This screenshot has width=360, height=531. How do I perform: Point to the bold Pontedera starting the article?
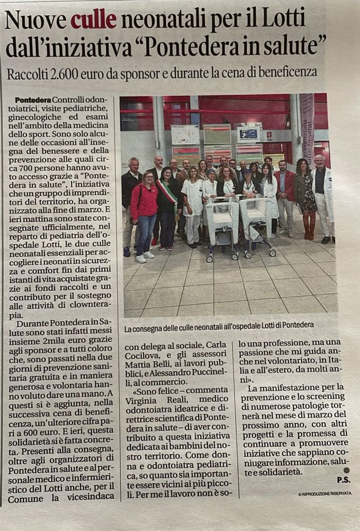pyautogui.click(x=33, y=99)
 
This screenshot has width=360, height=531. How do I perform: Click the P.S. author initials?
pyautogui.click(x=343, y=481)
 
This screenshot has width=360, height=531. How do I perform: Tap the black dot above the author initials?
pyautogui.click(x=347, y=470)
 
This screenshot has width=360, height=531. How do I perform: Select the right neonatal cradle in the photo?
pyautogui.click(x=255, y=222)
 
